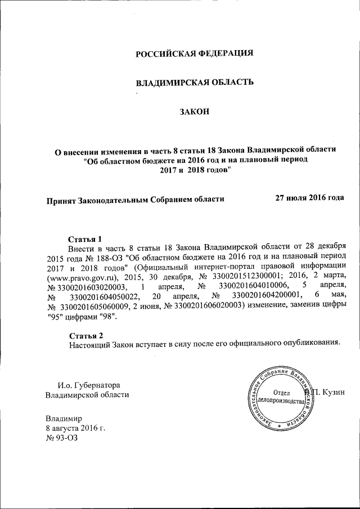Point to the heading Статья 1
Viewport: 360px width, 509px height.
coord(85,238)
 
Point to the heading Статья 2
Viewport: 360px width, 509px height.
coord(85,336)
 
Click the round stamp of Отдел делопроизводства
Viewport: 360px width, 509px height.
coord(279,398)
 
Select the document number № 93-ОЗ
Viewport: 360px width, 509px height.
coord(61,438)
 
